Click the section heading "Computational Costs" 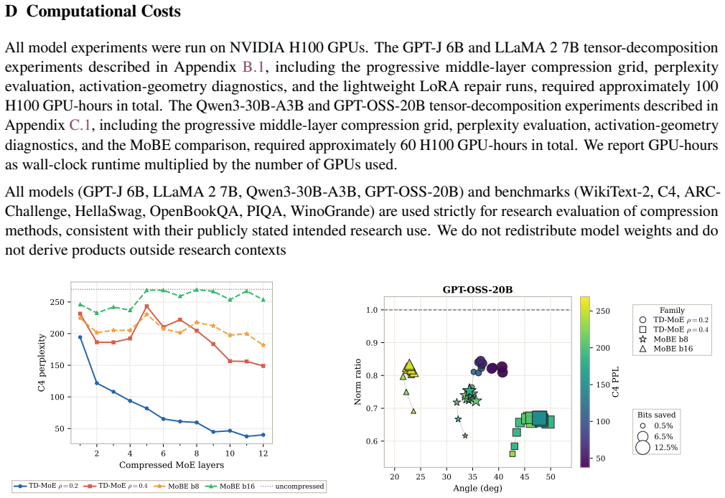pos(103,11)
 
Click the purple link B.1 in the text pos(253,67)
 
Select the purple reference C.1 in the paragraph pos(80,126)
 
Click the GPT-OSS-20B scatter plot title pos(477,290)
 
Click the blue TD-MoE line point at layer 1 pos(80,337)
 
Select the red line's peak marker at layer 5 pos(146,306)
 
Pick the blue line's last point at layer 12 pos(263,435)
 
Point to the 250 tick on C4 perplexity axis pos(58,302)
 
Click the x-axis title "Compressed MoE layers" pos(172,465)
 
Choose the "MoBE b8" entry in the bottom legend pos(177,486)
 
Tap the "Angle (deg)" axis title pos(477,488)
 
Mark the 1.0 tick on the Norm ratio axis pos(372,310)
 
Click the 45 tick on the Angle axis pos(524,476)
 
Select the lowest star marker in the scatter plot pos(465,436)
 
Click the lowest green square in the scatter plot pos(513,454)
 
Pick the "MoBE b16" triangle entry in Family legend pos(668,349)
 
